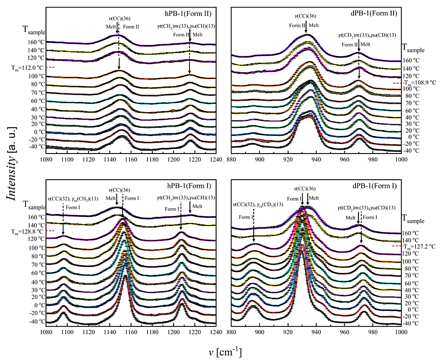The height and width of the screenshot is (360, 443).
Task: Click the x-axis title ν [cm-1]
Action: (225, 352)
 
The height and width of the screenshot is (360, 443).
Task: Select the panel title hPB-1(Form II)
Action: (188, 14)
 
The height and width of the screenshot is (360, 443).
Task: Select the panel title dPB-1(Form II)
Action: (375, 13)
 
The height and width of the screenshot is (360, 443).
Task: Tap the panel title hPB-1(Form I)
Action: (189, 186)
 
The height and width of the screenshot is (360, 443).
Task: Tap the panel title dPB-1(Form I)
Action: (375, 186)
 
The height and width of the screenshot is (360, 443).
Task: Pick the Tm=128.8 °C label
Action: (27, 231)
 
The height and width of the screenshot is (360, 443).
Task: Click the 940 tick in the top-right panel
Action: (316, 160)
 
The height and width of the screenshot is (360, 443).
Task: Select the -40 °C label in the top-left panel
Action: (37, 146)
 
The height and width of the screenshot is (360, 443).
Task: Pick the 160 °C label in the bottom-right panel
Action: (411, 233)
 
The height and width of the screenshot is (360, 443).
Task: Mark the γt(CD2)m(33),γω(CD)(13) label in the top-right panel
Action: (367, 35)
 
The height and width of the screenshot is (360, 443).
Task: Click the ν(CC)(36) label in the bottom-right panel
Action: (305, 189)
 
